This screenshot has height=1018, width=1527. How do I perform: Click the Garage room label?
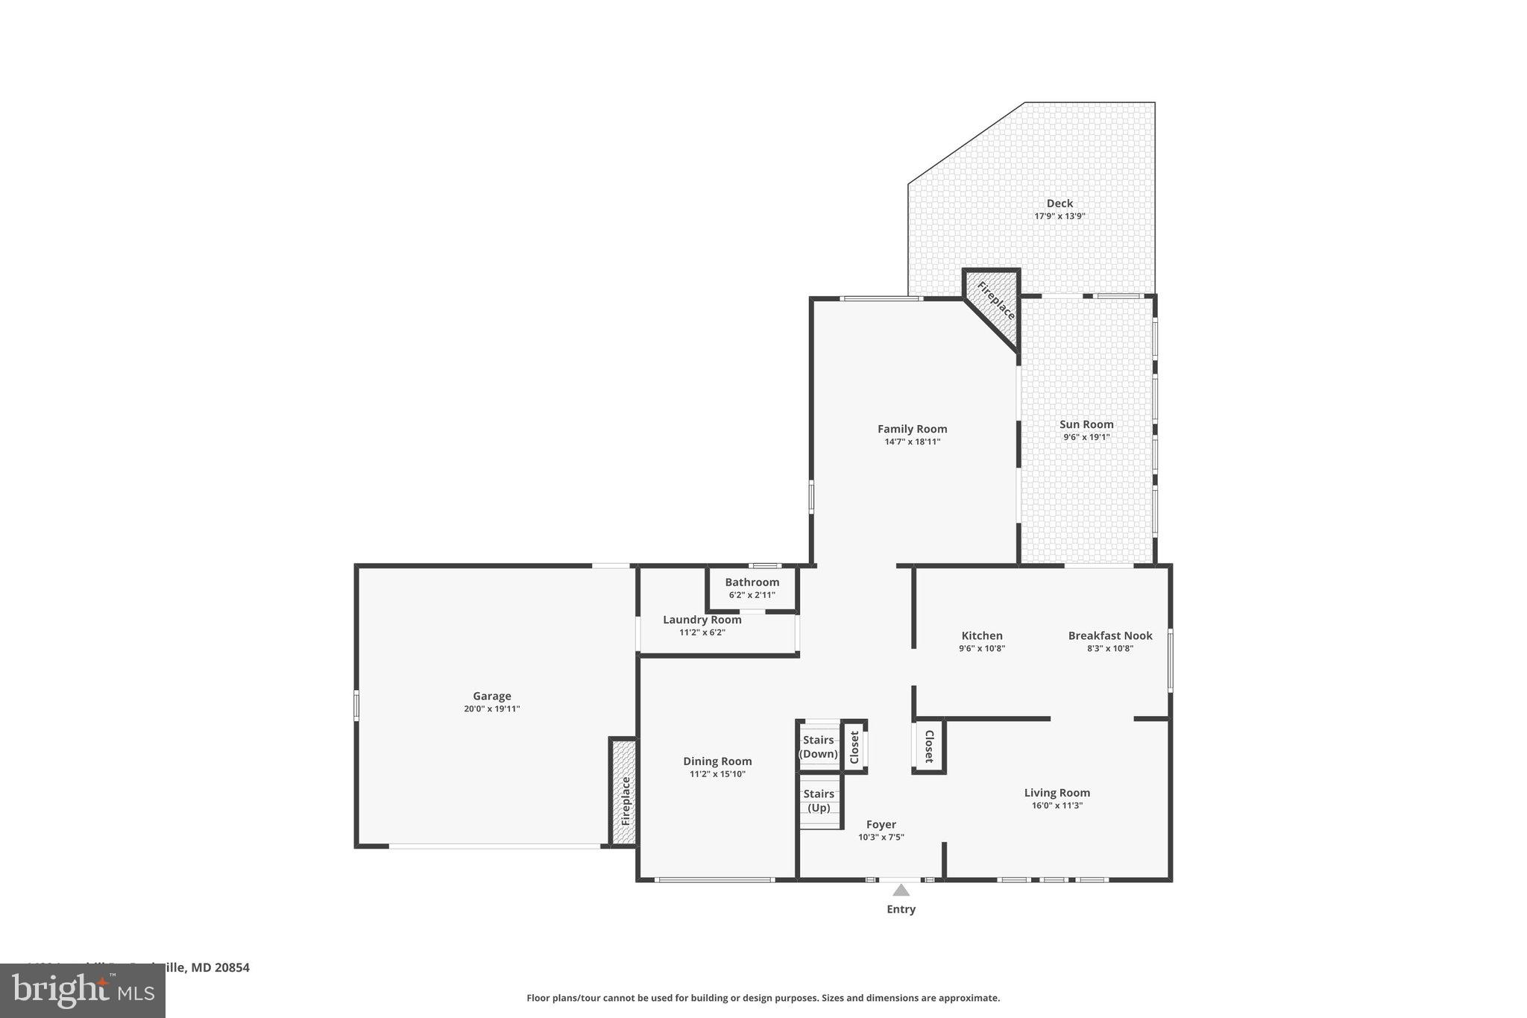pos(491,696)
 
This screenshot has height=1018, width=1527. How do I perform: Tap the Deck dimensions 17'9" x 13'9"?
pos(1059,216)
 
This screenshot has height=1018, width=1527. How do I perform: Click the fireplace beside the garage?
pos(624,793)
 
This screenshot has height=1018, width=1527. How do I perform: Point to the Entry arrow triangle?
pos(901,890)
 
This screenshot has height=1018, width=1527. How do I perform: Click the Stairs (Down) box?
pos(818,747)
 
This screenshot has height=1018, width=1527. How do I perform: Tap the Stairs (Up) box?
pos(819,801)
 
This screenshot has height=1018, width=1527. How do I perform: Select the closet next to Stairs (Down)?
pos(854,747)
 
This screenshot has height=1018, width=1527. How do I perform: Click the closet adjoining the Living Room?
pos(929,746)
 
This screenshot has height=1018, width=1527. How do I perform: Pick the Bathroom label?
pos(752,582)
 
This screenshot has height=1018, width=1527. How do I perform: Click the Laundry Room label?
pos(702,620)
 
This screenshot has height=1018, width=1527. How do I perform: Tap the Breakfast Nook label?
pos(1109,635)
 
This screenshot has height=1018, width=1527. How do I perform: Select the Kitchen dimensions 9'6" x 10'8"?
pos(981,649)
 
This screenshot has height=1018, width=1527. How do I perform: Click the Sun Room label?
pos(1086,424)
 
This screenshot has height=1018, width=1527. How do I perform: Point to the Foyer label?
pos(881,824)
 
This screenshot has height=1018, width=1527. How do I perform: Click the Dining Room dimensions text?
pos(717,774)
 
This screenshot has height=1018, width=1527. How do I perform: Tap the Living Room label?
pos(1057,793)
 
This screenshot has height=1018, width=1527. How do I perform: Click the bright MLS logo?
pos(82,990)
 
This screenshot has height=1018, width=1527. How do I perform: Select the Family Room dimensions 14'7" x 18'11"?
pos(912,442)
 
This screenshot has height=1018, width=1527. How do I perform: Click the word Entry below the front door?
pos(901,909)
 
